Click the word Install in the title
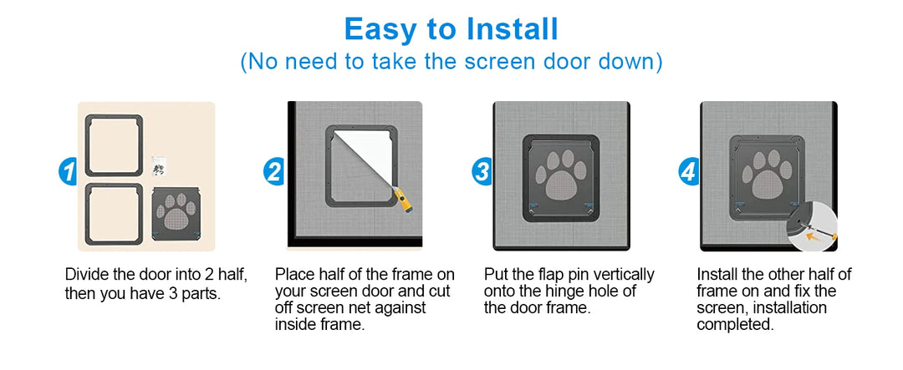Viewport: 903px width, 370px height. [x=512, y=28]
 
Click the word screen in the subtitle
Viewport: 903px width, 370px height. [x=501, y=61]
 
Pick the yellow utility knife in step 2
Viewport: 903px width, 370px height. [x=404, y=199]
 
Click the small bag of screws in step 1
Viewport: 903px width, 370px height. [x=159, y=166]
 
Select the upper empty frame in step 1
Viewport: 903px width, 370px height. [x=114, y=118]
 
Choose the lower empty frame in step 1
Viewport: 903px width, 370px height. [x=114, y=186]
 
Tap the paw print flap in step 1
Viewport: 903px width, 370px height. [x=176, y=214]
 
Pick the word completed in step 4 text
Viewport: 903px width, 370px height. [x=735, y=325]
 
